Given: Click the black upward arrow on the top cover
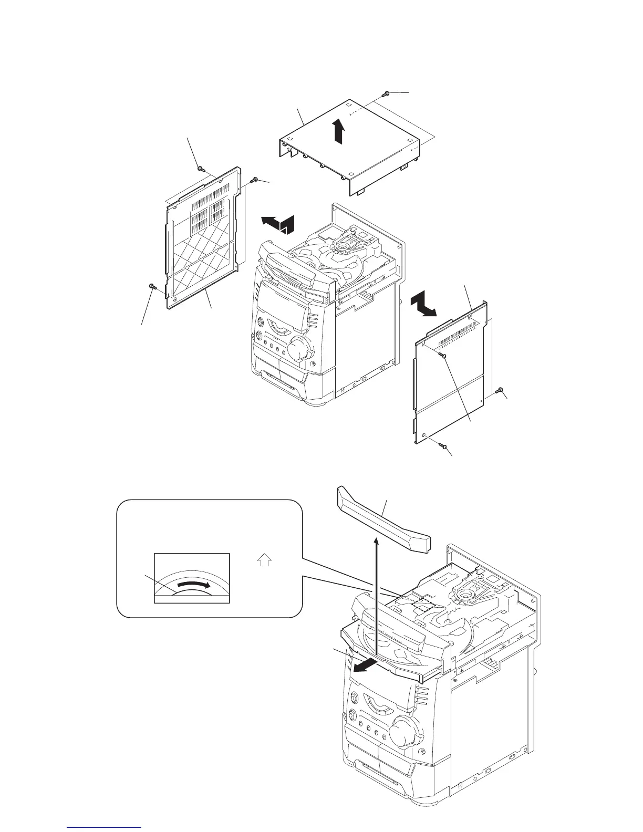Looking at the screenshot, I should point(340,131).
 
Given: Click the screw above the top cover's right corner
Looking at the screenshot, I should point(386,93).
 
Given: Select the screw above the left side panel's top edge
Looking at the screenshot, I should point(200,169).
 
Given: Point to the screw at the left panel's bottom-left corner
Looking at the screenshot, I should point(152,286).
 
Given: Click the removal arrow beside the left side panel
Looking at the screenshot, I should point(277,224).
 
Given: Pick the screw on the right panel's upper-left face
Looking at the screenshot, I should point(441,356).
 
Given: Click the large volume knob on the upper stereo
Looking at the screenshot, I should point(299,348).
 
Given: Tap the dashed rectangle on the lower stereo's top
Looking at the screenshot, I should point(421,604).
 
